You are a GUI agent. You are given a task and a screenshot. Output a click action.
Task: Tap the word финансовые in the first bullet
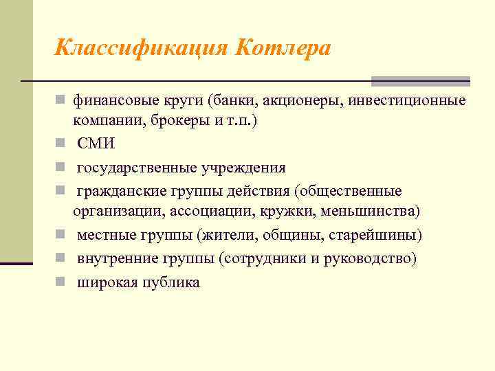(x=109, y=101)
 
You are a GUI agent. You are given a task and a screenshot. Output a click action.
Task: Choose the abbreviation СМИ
(x=96, y=144)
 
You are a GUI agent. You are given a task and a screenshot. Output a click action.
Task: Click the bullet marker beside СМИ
(x=60, y=144)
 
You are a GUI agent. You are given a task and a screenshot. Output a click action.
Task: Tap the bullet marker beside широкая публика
(x=60, y=282)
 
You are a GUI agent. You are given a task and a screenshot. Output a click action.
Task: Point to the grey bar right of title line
(x=421, y=81)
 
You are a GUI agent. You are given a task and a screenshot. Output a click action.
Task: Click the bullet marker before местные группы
(x=60, y=236)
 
